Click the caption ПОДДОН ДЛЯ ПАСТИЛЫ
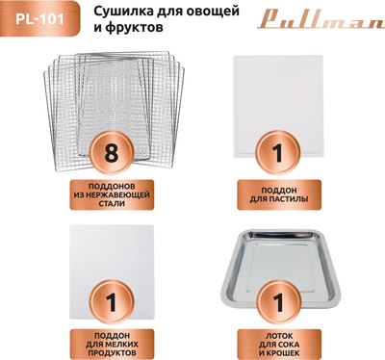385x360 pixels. click(279, 193)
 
